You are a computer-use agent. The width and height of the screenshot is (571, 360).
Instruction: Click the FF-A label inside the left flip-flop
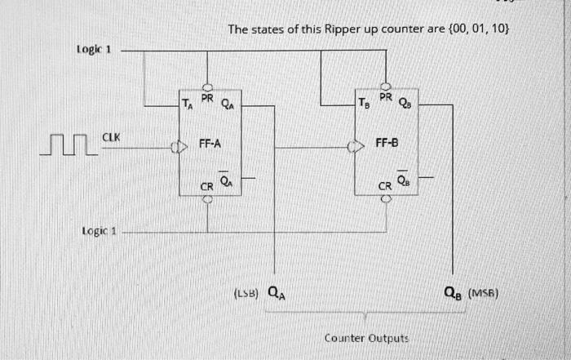click(210, 144)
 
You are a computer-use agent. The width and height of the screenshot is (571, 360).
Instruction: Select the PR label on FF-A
click(207, 97)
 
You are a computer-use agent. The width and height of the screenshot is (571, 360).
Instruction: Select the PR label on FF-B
click(386, 97)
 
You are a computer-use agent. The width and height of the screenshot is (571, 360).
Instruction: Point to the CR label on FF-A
click(207, 187)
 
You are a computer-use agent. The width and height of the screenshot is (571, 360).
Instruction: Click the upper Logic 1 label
click(94, 49)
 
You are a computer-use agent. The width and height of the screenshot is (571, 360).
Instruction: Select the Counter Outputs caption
click(366, 337)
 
